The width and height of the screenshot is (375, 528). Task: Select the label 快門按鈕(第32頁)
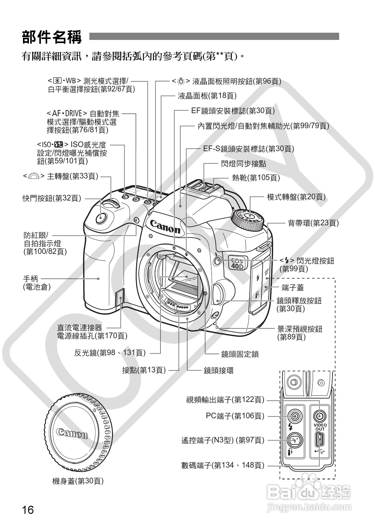[52, 198]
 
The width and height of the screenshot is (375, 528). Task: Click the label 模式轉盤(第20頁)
[296, 197]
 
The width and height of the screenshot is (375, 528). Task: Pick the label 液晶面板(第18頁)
[207, 96]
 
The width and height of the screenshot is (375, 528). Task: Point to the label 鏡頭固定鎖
[240, 354]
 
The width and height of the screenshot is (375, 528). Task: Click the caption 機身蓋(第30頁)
[78, 481]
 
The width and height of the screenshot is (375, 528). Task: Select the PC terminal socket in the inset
[295, 417]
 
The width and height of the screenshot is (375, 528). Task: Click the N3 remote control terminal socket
[295, 440]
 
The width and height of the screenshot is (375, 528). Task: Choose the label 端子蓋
[293, 287]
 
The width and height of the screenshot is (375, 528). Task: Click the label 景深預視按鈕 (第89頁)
[299, 333]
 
